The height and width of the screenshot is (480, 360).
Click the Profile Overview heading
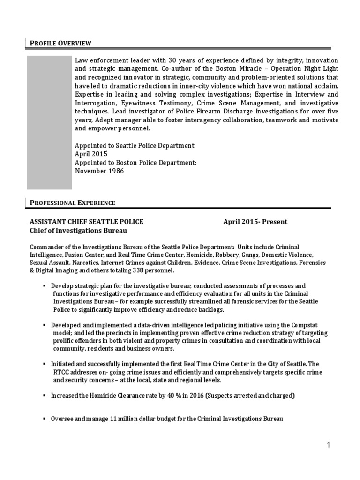(60, 44)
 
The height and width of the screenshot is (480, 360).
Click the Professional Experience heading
(73, 203)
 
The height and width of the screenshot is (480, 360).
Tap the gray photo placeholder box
(49, 122)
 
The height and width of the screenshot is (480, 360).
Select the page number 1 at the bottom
(329, 445)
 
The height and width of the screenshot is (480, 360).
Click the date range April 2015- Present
(255, 222)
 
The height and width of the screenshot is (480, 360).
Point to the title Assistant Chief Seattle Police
(87, 222)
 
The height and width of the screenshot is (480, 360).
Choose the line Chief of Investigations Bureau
(78, 231)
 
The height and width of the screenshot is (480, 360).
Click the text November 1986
(100, 171)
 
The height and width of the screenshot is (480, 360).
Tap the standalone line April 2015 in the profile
(91, 154)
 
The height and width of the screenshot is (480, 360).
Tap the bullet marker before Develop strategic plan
(44, 286)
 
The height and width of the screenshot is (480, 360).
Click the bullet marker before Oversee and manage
(44, 418)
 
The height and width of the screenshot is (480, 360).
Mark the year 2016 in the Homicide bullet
(197, 396)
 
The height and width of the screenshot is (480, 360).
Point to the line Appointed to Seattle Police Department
(135, 146)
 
